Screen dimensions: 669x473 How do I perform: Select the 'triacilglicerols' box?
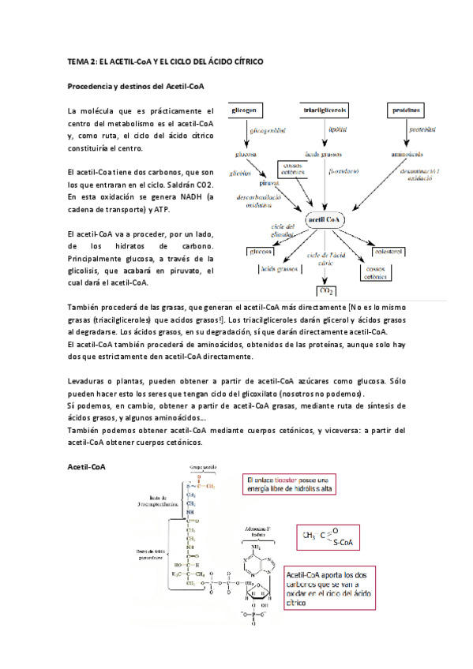(326, 110)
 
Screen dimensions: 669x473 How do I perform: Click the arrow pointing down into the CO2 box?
(325, 272)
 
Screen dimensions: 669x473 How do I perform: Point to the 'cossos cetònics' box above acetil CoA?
(291, 169)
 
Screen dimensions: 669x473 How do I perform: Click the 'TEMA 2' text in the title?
(83, 61)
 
